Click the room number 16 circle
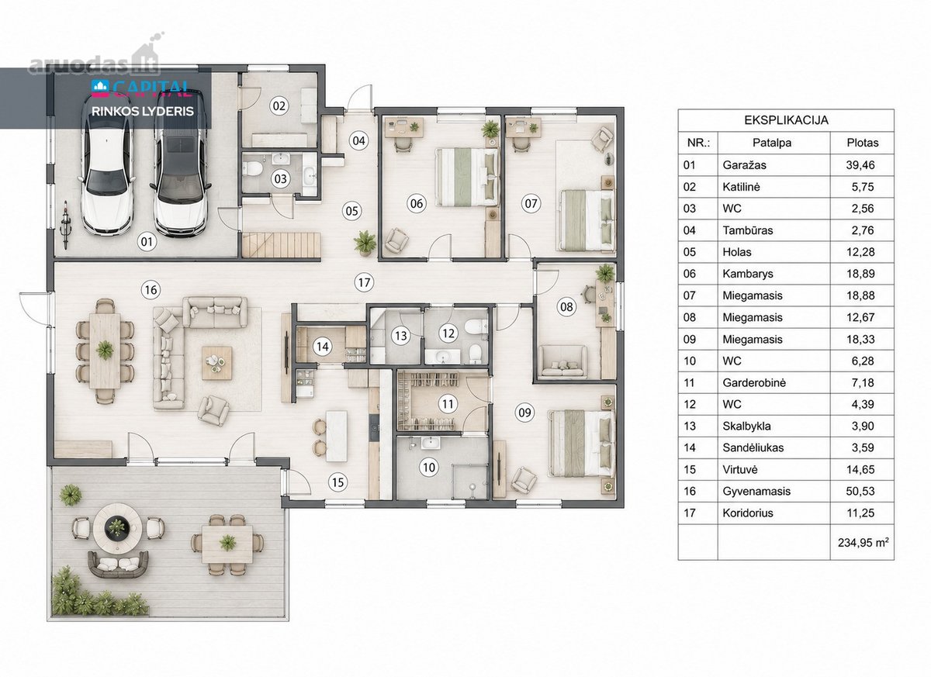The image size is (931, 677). (151, 289)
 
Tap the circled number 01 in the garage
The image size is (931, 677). (147, 241)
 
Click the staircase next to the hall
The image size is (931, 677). (282, 245)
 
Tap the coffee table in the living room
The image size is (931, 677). (217, 363)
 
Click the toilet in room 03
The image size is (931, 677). (252, 168)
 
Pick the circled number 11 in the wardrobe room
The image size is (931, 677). (448, 404)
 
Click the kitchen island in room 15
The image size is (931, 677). (337, 436)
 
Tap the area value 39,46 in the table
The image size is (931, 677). (860, 165)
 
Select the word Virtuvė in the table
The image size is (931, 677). (740, 469)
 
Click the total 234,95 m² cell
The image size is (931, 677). (863, 542)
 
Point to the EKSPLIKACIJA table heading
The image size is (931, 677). (786, 120)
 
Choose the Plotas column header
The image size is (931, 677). (863, 143)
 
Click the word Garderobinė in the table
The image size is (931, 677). (754, 382)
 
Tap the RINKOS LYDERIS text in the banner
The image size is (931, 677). (143, 112)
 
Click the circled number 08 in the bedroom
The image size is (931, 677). (566, 307)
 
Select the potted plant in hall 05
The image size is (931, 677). (365, 242)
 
